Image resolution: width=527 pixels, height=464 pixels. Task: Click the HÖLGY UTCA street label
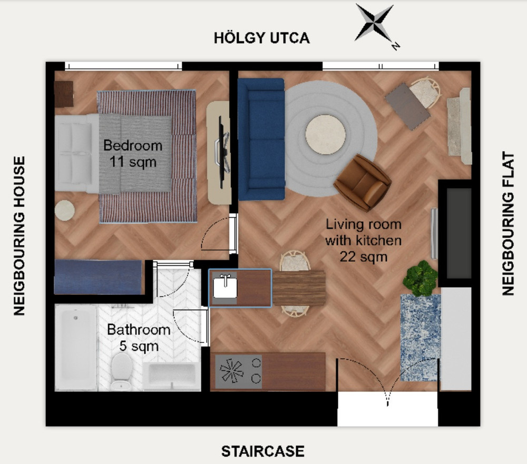262,37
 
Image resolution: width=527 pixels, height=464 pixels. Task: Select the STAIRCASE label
263,451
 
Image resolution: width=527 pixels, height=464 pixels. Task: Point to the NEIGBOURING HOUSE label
19,236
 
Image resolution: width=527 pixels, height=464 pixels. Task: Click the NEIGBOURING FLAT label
508,224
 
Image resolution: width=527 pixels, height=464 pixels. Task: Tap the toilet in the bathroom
121,371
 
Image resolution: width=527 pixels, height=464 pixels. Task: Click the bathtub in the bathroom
76,348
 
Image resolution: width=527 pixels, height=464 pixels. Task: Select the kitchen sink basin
225,288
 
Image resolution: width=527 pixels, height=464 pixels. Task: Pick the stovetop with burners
238,371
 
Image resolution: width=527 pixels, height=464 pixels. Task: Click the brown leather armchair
363,183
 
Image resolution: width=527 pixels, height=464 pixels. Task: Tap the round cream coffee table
325,134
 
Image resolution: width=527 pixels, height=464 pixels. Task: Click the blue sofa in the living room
261,139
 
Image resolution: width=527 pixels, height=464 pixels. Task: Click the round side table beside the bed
65,210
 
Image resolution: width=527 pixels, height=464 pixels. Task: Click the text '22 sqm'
364,257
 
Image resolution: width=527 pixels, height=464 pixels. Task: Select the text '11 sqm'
133,162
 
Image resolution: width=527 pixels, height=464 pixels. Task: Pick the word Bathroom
139,330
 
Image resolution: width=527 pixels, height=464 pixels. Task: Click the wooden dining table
299,288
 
